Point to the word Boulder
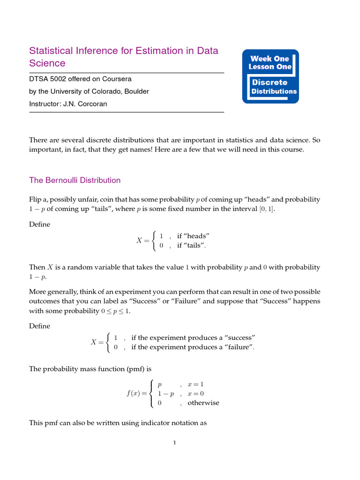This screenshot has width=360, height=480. [x=136, y=91]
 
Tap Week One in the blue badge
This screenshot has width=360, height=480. [x=270, y=59]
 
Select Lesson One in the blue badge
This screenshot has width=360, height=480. [x=270, y=67]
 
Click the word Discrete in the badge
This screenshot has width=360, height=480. [x=270, y=82]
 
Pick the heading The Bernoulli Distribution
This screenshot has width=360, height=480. [x=75, y=180]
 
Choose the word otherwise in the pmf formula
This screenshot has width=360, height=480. [x=203, y=403]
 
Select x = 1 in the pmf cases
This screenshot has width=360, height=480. [x=195, y=384]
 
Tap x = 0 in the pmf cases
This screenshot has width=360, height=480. [x=195, y=394]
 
